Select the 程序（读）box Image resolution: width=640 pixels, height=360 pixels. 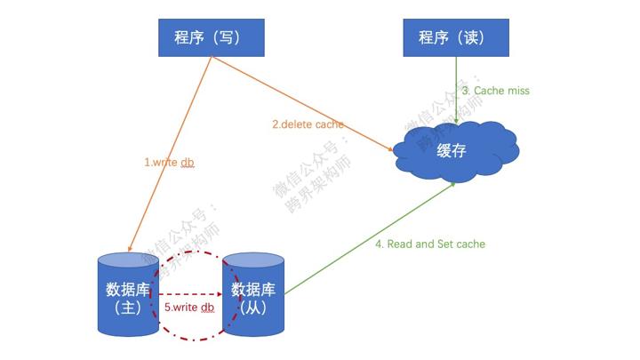pyautogui.click(x=456, y=37)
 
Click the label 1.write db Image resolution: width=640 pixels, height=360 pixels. pyautogui.click(x=168, y=163)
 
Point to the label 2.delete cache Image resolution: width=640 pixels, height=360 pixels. pyautogui.click(x=308, y=124)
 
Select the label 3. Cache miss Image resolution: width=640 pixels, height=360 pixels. pyautogui.click(x=495, y=91)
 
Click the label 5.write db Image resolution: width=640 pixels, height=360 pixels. pyautogui.click(x=189, y=308)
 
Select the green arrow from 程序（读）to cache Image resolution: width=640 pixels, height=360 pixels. pyautogui.click(x=456, y=89)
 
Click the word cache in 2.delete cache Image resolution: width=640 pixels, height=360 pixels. pyautogui.click(x=329, y=124)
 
